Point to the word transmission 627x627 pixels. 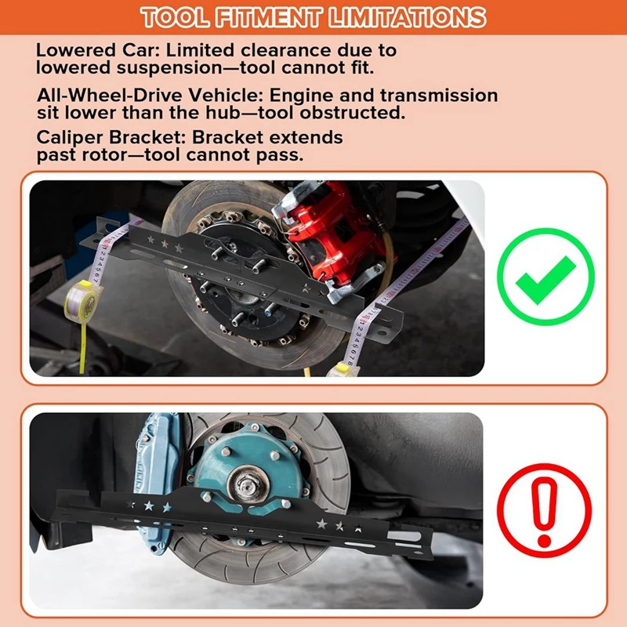[x=440, y=95]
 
